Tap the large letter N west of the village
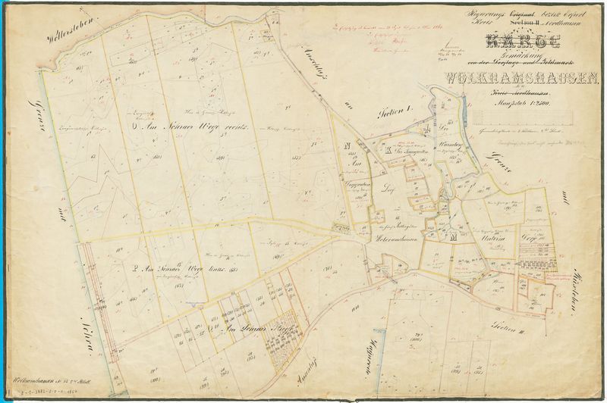[347, 145]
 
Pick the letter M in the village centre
[453, 239]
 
